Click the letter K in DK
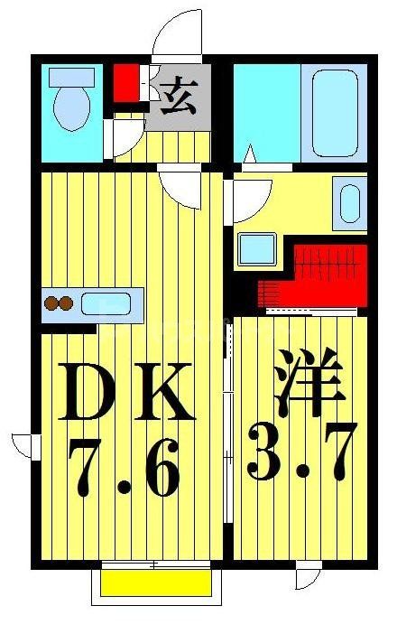click(164, 392)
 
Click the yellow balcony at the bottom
click(155, 582)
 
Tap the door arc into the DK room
click(180, 188)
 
